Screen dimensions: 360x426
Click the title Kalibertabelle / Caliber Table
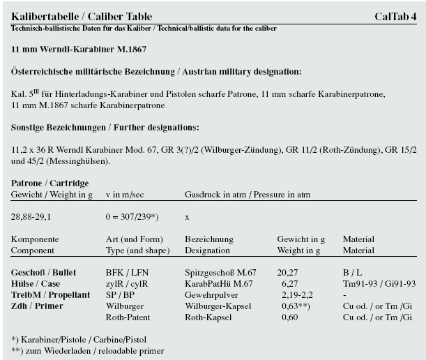tap(82, 16)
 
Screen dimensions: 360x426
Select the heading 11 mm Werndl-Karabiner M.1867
tap(78, 51)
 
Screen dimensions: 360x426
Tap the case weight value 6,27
tap(290, 285)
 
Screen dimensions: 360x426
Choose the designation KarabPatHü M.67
tap(218, 285)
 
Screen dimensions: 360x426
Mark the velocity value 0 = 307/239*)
tap(135, 217)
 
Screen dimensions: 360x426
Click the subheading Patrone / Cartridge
tap(50, 183)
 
